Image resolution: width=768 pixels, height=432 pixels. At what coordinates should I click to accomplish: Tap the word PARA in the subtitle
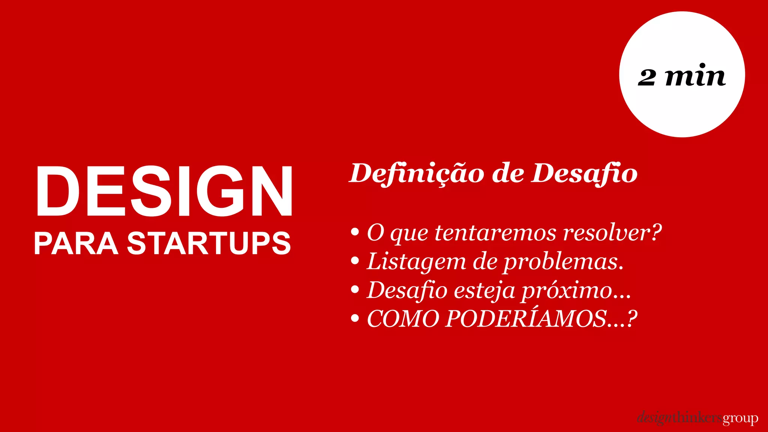76,243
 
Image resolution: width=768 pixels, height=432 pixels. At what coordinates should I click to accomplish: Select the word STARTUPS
209,243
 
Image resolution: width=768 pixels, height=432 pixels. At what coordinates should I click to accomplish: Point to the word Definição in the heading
417,174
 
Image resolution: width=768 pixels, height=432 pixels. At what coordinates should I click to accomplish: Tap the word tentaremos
495,232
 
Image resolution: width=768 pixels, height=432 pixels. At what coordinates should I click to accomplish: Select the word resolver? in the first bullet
612,232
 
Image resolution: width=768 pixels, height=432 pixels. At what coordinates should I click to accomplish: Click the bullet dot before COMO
355,319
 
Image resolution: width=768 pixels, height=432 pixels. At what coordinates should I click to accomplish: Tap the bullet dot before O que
355,232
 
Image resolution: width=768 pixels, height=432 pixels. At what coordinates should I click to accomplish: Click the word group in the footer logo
740,418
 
